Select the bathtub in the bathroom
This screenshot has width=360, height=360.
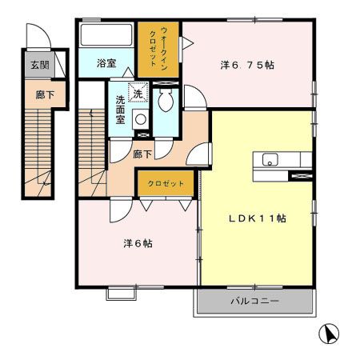tap(106, 36)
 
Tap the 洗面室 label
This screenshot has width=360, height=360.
tap(120, 109)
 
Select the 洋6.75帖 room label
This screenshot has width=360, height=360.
tap(247, 66)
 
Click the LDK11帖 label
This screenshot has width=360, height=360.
tap(256, 218)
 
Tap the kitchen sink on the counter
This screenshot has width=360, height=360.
tap(270, 159)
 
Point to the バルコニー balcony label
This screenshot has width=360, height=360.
tap(254, 302)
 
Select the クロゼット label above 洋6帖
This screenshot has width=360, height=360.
tap(165, 183)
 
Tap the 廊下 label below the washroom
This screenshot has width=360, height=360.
tap(142, 154)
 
